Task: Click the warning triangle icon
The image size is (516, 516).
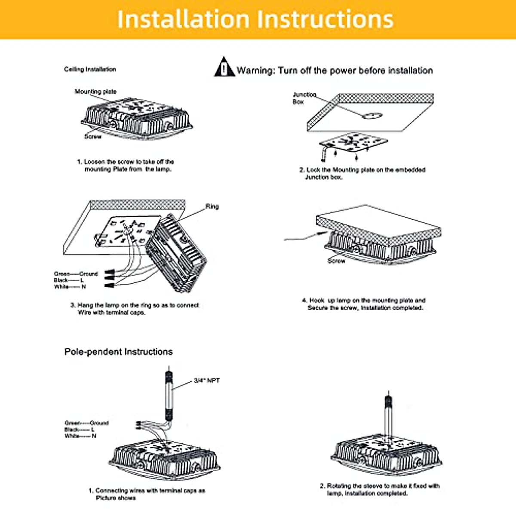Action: (224, 68)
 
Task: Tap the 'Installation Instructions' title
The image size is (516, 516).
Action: (255, 19)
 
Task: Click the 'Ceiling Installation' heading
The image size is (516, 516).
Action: (90, 69)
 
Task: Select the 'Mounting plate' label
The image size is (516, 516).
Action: (95, 92)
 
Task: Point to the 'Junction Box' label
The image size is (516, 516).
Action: (304, 98)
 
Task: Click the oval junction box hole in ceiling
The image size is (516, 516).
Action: (372, 116)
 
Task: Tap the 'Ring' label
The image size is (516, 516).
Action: (212, 206)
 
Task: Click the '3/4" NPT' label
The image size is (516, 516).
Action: (206, 381)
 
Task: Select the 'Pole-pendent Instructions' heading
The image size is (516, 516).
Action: (118, 352)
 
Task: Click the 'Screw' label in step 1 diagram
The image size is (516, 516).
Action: (93, 136)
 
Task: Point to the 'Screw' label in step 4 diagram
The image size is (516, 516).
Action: (336, 261)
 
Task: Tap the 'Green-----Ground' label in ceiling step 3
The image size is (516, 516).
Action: (76, 273)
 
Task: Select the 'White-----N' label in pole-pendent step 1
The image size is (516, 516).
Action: (80, 436)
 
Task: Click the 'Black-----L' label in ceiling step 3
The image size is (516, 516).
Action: (69, 280)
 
